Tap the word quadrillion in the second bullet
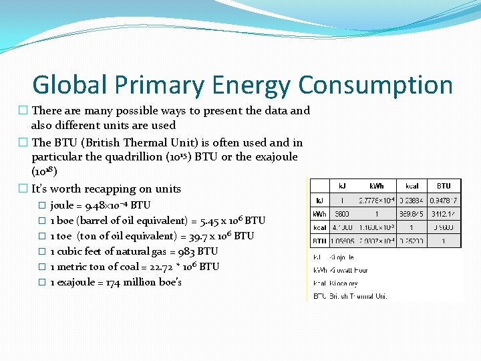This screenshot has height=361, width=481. (149, 157)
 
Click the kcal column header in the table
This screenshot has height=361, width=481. (412, 185)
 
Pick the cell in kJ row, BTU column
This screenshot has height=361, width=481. (444, 199)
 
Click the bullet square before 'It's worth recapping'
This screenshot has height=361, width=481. (23, 189)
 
